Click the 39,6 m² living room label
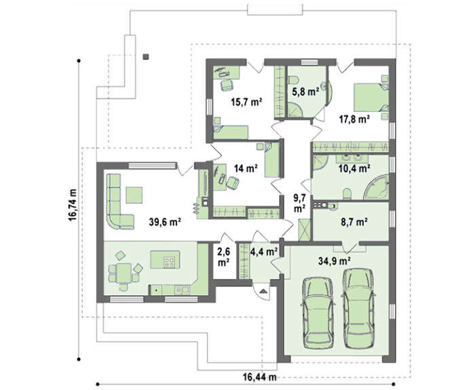pyautogui.click(x=165, y=222)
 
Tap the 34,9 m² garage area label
pyautogui.click(x=335, y=260)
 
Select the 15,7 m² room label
pyautogui.click(x=246, y=102)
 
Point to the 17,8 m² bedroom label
pyautogui.click(x=354, y=119)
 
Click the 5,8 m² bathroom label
pyautogui.click(x=305, y=91)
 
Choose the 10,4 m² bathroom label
pyautogui.click(x=354, y=168)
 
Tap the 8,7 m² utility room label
pyautogui.click(x=354, y=222)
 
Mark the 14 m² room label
pyautogui.click(x=246, y=168)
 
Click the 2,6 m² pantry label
pyautogui.click(x=223, y=257)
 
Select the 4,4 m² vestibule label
pyautogui.click(x=265, y=251)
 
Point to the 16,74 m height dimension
pyautogui.click(x=73, y=205)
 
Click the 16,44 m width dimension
pyautogui.click(x=260, y=377)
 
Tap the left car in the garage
pyautogui.click(x=319, y=313)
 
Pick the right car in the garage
pyautogui.click(x=358, y=308)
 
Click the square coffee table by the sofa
pyautogui.click(x=134, y=195)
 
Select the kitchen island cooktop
pyautogui.click(x=169, y=262)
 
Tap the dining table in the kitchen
pyautogui.click(x=124, y=273)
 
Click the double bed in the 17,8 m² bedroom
pyautogui.click(x=371, y=98)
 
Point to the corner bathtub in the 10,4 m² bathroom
pyautogui.click(x=377, y=187)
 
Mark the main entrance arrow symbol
pyautogui.click(x=263, y=292)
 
